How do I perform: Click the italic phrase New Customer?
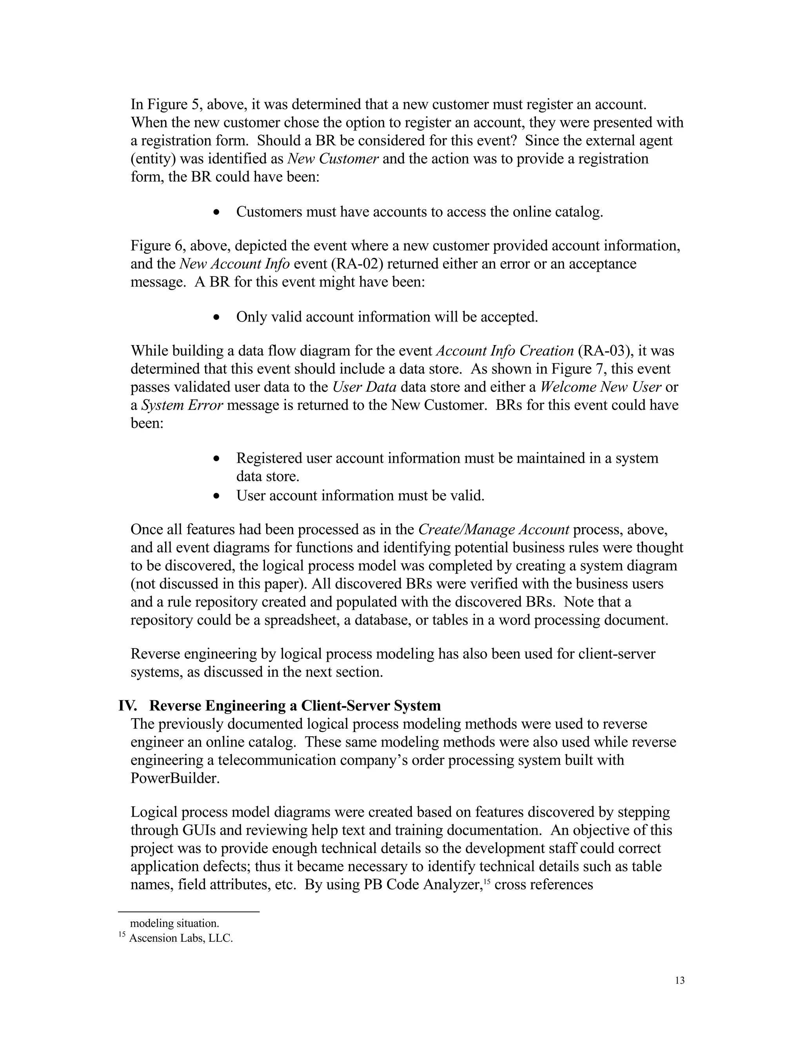[x=333, y=159]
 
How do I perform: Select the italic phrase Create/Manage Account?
[x=493, y=529]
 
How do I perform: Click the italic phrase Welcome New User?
[x=601, y=387]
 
